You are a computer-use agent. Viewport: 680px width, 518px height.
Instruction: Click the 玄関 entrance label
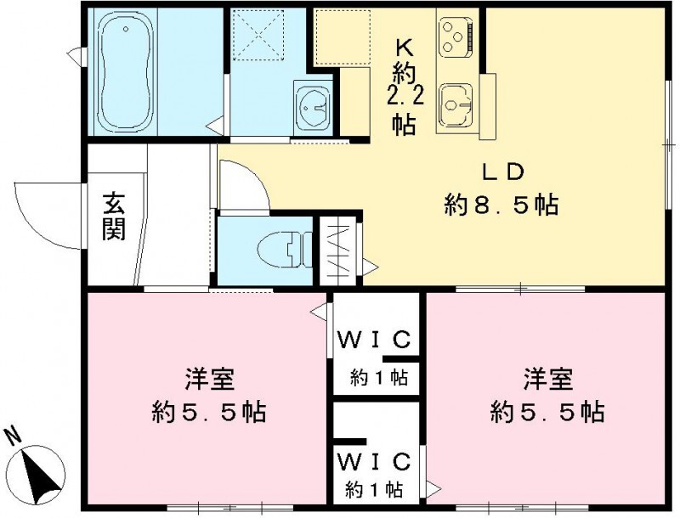[115, 217]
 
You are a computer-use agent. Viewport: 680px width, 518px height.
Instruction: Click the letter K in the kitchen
[403, 47]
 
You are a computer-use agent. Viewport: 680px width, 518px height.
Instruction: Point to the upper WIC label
[375, 341]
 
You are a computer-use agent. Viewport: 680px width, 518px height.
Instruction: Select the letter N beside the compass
[13, 437]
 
